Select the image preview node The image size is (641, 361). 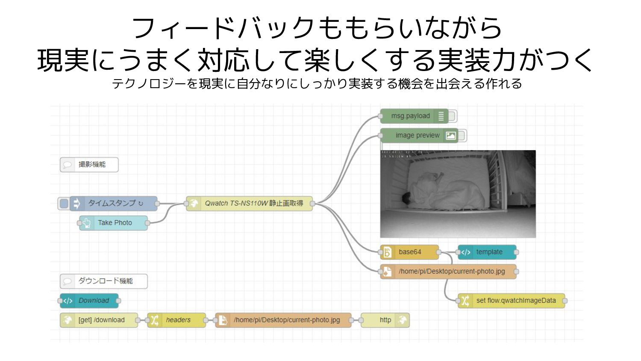point(418,136)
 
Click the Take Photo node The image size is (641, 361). point(115,223)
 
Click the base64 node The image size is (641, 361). point(409,252)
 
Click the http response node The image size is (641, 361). point(385,320)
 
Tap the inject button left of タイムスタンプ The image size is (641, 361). point(64,204)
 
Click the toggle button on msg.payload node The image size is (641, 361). point(452,116)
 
